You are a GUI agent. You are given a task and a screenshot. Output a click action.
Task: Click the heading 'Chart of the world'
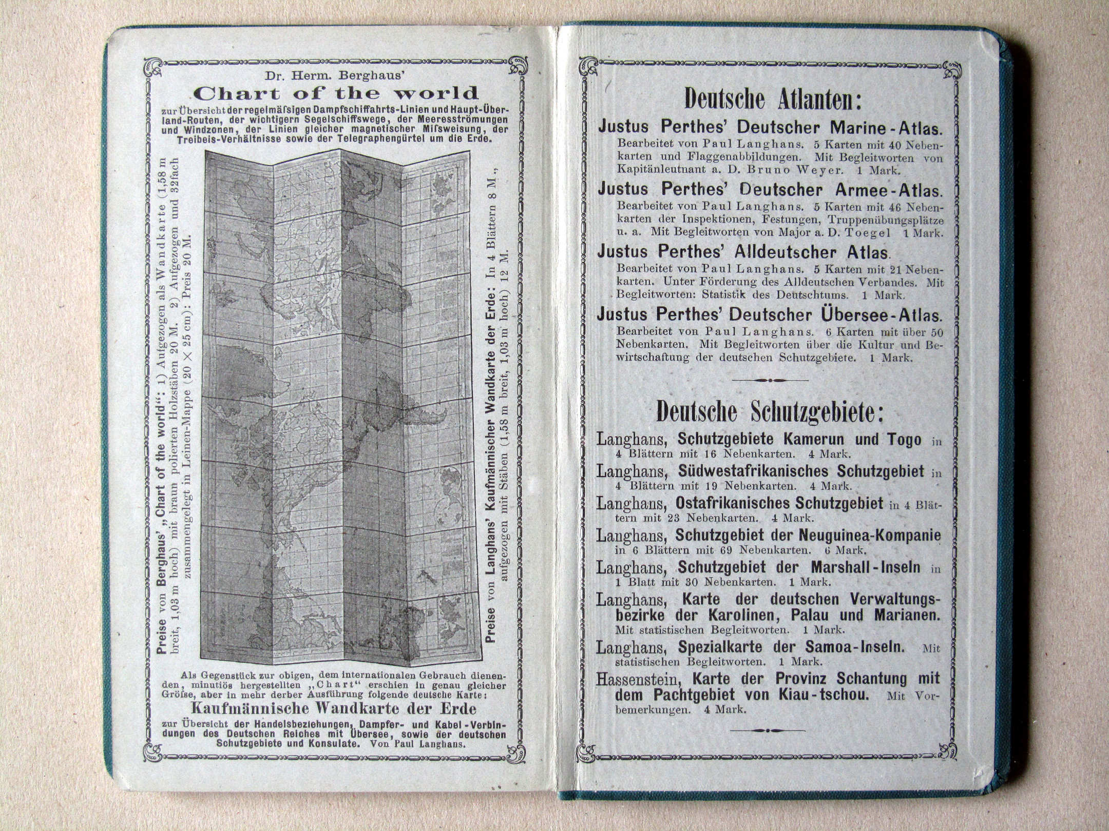[335, 93]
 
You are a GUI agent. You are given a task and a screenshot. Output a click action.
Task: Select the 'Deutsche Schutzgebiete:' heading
[770, 412]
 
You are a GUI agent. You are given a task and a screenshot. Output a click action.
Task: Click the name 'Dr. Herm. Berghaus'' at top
[335, 75]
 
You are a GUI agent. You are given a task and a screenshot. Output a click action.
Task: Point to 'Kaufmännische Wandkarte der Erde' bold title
[333, 709]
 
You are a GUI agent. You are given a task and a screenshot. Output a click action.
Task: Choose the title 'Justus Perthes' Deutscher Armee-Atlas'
[770, 190]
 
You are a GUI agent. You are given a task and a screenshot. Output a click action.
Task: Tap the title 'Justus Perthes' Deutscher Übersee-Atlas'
[770, 315]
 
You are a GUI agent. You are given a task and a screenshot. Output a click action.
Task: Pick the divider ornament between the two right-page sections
[770, 380]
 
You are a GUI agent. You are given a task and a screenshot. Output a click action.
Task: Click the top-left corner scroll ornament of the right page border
[591, 68]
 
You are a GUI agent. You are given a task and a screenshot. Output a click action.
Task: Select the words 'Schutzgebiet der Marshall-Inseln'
[798, 567]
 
